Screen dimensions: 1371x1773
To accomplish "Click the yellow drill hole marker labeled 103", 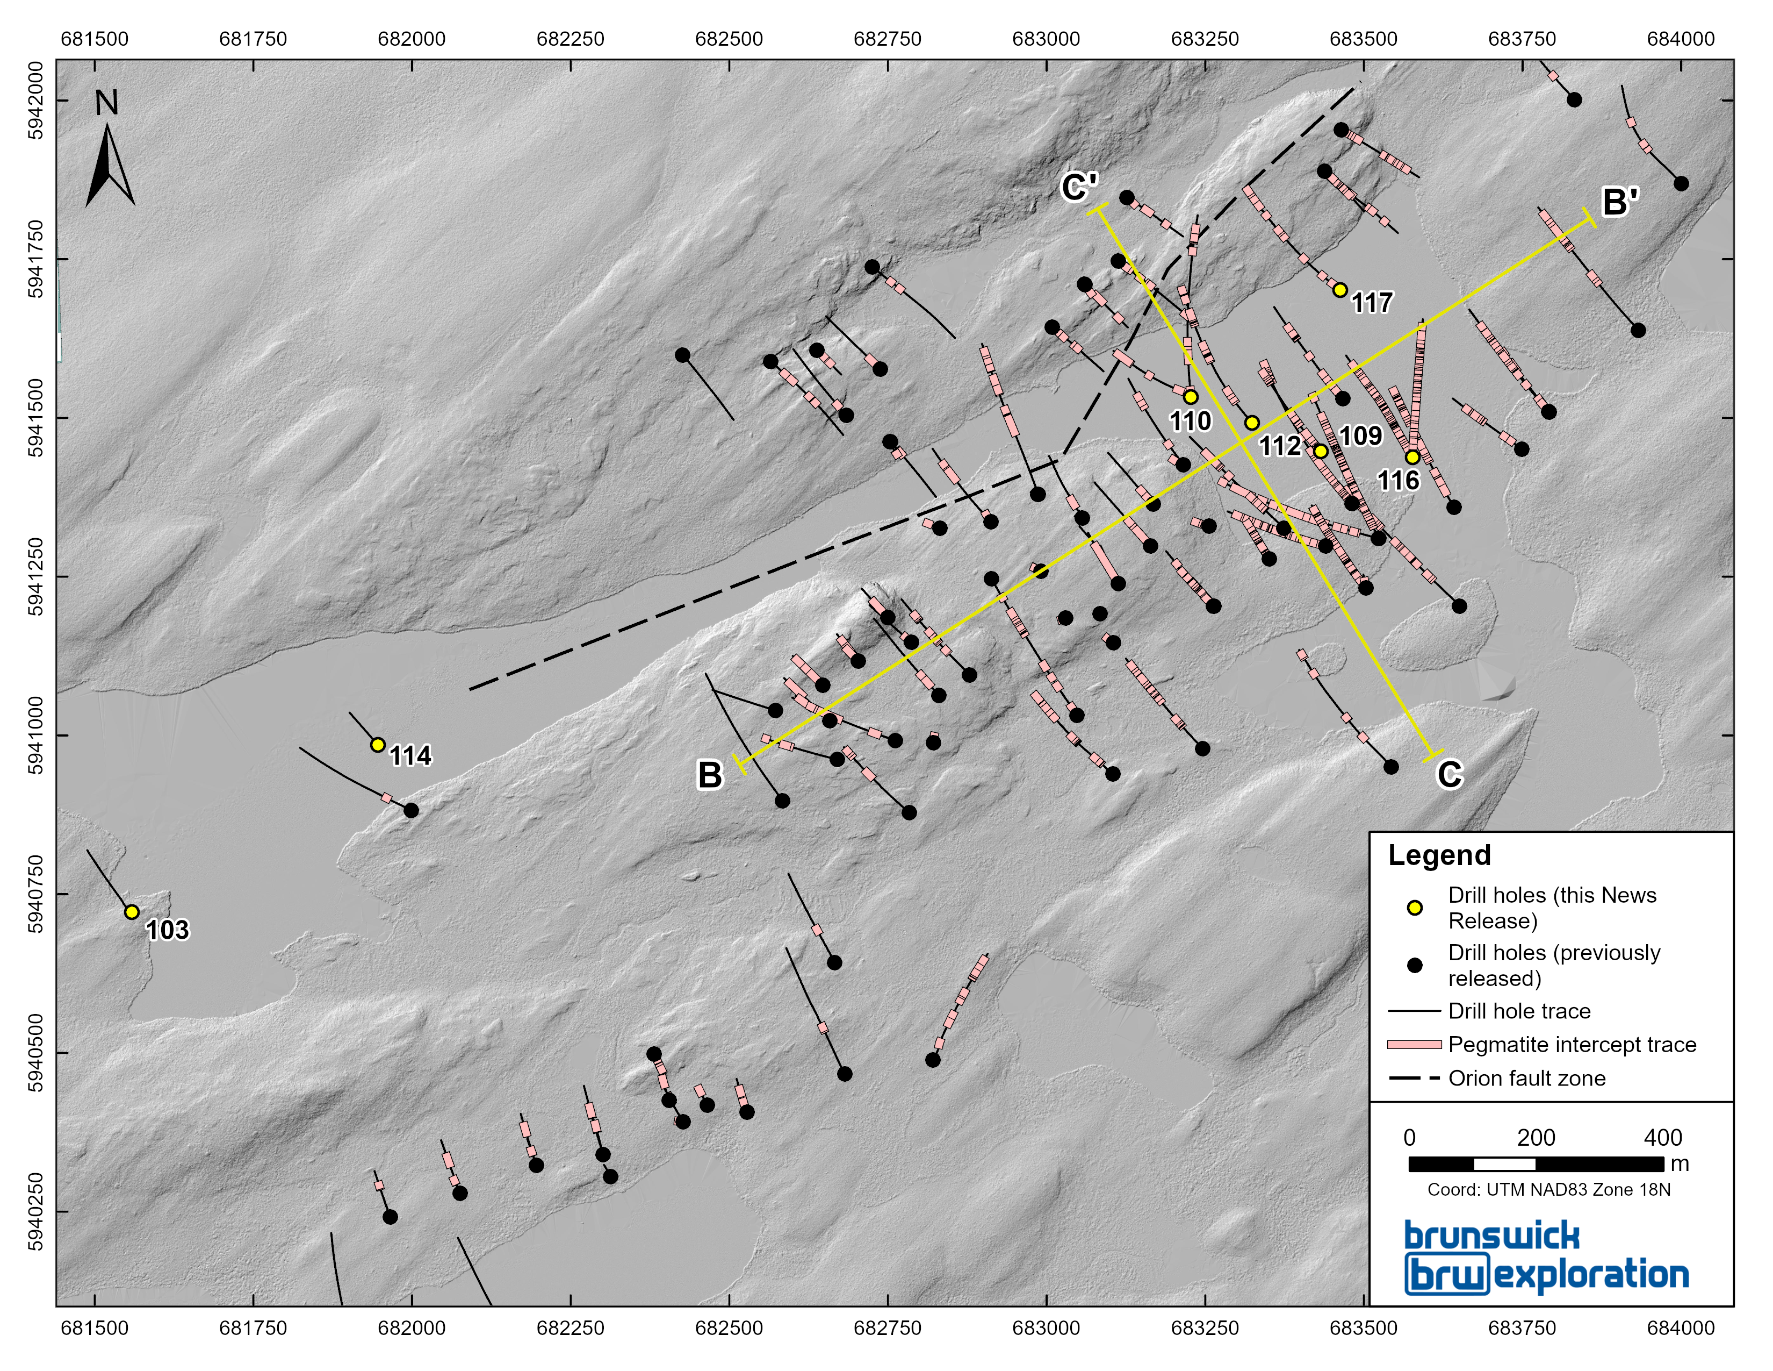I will (x=132, y=912).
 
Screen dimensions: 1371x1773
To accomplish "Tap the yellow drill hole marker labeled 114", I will (x=378, y=745).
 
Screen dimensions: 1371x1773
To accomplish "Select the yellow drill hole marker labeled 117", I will (x=1340, y=290).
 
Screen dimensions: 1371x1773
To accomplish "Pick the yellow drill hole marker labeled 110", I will (x=1190, y=397).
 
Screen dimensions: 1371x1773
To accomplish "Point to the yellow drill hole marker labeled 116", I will (x=1412, y=458).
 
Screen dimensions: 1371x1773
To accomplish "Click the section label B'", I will (x=1619, y=202).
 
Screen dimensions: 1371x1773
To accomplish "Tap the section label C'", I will (x=1080, y=188).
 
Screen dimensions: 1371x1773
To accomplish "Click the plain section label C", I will (x=1449, y=774).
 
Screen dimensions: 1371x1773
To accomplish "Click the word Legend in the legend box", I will (x=1439, y=855).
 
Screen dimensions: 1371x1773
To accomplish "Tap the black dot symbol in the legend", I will (x=1415, y=965).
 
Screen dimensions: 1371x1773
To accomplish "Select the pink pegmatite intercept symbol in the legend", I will (x=1414, y=1045).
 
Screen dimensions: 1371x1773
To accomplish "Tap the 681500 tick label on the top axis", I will (x=95, y=39).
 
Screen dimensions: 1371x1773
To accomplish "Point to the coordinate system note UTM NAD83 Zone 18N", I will (x=1549, y=1190).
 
